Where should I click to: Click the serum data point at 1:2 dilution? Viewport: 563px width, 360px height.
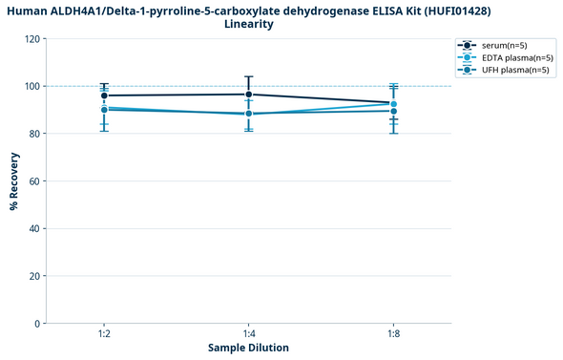tap(104, 95)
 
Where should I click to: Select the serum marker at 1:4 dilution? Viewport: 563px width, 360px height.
tap(249, 95)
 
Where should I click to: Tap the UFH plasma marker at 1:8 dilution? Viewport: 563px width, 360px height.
tap(394, 111)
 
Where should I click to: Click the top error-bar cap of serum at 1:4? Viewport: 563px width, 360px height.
tap(249, 76)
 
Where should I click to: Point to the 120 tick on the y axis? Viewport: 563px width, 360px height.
tap(33, 39)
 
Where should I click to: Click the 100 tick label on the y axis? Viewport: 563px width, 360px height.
tap(33, 87)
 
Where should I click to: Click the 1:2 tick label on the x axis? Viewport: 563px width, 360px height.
tap(104, 334)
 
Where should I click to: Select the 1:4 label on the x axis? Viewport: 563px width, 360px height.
tap(249, 334)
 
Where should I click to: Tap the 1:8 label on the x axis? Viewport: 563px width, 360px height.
tap(394, 334)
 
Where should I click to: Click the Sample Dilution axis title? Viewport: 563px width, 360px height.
tap(248, 348)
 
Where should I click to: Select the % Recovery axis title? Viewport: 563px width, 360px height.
tap(13, 181)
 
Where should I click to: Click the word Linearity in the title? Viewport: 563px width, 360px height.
tap(249, 24)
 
